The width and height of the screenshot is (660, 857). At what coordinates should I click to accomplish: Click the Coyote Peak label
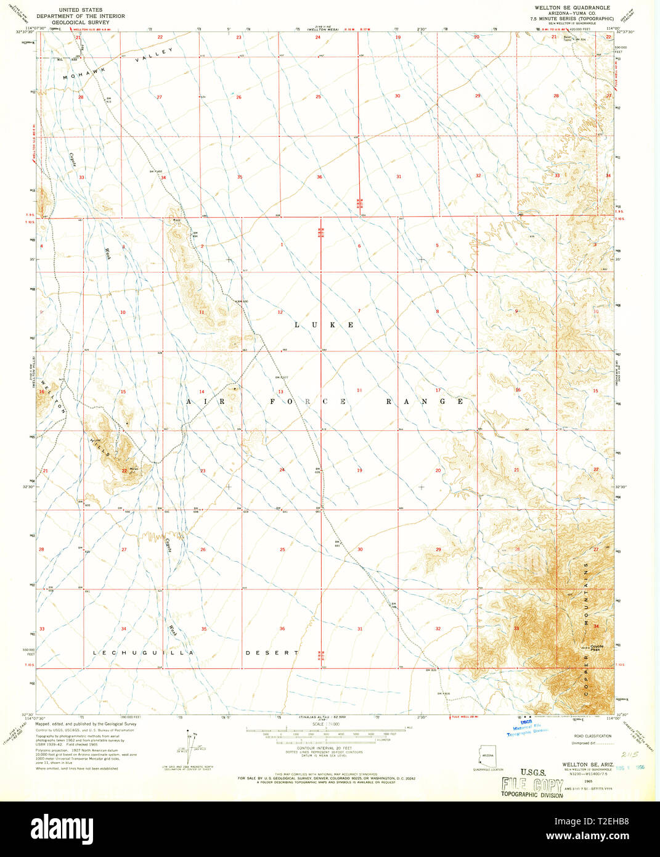(x=596, y=647)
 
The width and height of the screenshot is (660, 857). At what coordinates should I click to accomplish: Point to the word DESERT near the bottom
(x=272, y=652)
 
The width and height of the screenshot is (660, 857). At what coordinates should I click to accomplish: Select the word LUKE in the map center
(x=324, y=325)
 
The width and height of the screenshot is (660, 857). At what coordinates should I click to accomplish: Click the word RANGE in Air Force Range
(x=425, y=401)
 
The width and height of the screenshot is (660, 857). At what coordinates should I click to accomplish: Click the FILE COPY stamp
(x=532, y=785)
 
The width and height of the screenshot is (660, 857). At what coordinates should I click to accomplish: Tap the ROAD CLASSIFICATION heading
(x=592, y=736)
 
